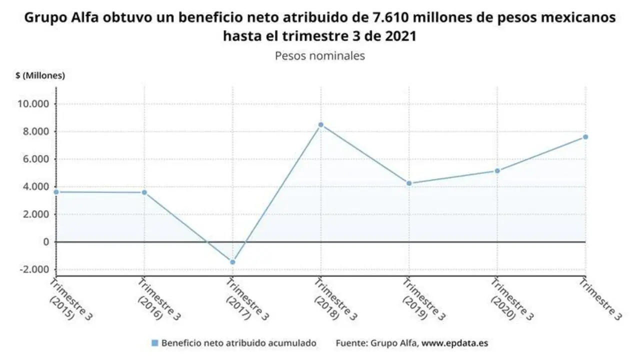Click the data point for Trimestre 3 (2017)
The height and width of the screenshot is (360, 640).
point(232,262)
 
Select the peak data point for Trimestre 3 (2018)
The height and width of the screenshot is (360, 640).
point(320,124)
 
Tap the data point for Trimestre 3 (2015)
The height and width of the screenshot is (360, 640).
point(56,192)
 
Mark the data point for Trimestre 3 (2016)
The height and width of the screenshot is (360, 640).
point(144,192)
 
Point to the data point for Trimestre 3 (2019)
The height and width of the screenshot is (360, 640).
point(409,183)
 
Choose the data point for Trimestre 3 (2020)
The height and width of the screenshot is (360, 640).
point(497,171)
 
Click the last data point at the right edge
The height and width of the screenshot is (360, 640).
point(585,137)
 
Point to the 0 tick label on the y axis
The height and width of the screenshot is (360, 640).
point(47,242)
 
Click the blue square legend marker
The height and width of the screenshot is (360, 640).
point(154,343)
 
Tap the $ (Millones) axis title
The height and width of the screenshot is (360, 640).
point(40,75)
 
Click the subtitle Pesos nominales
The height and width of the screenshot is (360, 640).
point(320,55)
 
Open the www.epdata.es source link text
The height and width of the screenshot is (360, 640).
point(454,343)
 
